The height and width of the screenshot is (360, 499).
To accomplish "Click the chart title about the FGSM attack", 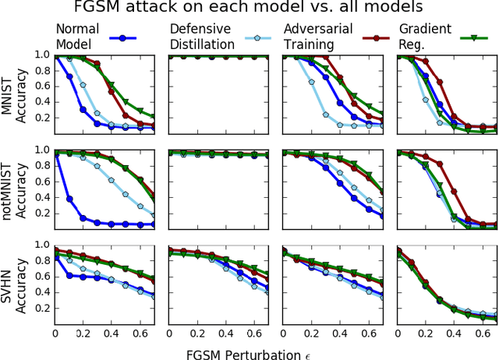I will pyautogui.click(x=249, y=9).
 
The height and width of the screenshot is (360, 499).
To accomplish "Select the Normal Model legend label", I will pyautogui.click(x=76, y=37).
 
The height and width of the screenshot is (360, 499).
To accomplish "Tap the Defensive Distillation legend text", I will pyautogui.click(x=201, y=37).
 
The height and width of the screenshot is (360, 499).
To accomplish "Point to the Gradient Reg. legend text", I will pyautogui.click(x=426, y=37).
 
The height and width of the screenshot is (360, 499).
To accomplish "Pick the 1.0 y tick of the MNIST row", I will pyautogui.click(x=41, y=56).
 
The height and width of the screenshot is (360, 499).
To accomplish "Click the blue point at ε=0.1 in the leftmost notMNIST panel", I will pyautogui.click(x=69, y=199).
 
